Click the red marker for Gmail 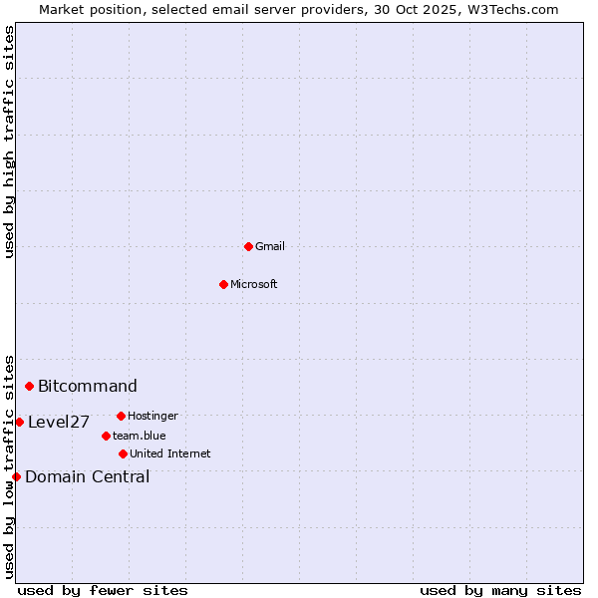click(248, 246)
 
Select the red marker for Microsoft click(223, 284)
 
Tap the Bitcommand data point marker click(30, 386)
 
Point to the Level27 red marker click(19, 422)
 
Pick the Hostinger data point click(121, 416)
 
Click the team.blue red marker click(106, 436)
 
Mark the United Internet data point click(123, 453)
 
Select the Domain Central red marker click(16, 476)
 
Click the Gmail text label click(270, 246)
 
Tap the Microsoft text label click(254, 284)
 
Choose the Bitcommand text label click(88, 386)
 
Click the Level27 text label click(59, 422)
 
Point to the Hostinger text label click(152, 416)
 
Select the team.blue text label click(140, 436)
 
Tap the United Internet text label click(170, 453)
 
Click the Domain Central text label click(88, 476)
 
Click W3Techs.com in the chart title click(510, 9)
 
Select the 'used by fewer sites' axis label click(103, 590)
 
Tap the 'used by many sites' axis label click(500, 590)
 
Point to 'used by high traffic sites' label click(9, 142)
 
